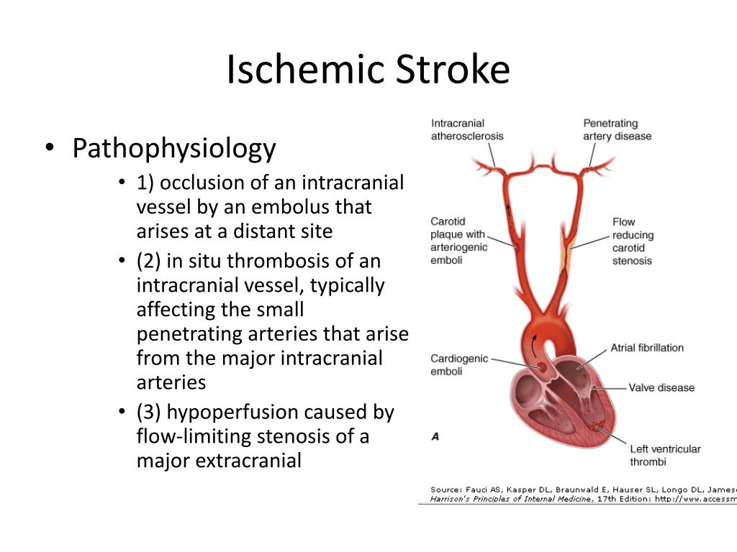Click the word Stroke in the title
click(x=453, y=69)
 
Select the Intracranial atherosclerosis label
click(x=467, y=129)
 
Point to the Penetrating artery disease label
click(x=617, y=129)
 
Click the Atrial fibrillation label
click(x=647, y=348)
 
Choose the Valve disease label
click(x=661, y=387)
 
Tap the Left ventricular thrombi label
click(x=665, y=455)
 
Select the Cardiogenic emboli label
click(x=459, y=364)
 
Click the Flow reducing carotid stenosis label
click(x=633, y=241)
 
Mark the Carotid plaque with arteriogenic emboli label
click(x=458, y=241)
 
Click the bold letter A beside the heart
click(x=435, y=436)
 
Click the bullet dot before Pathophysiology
click(x=50, y=147)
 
